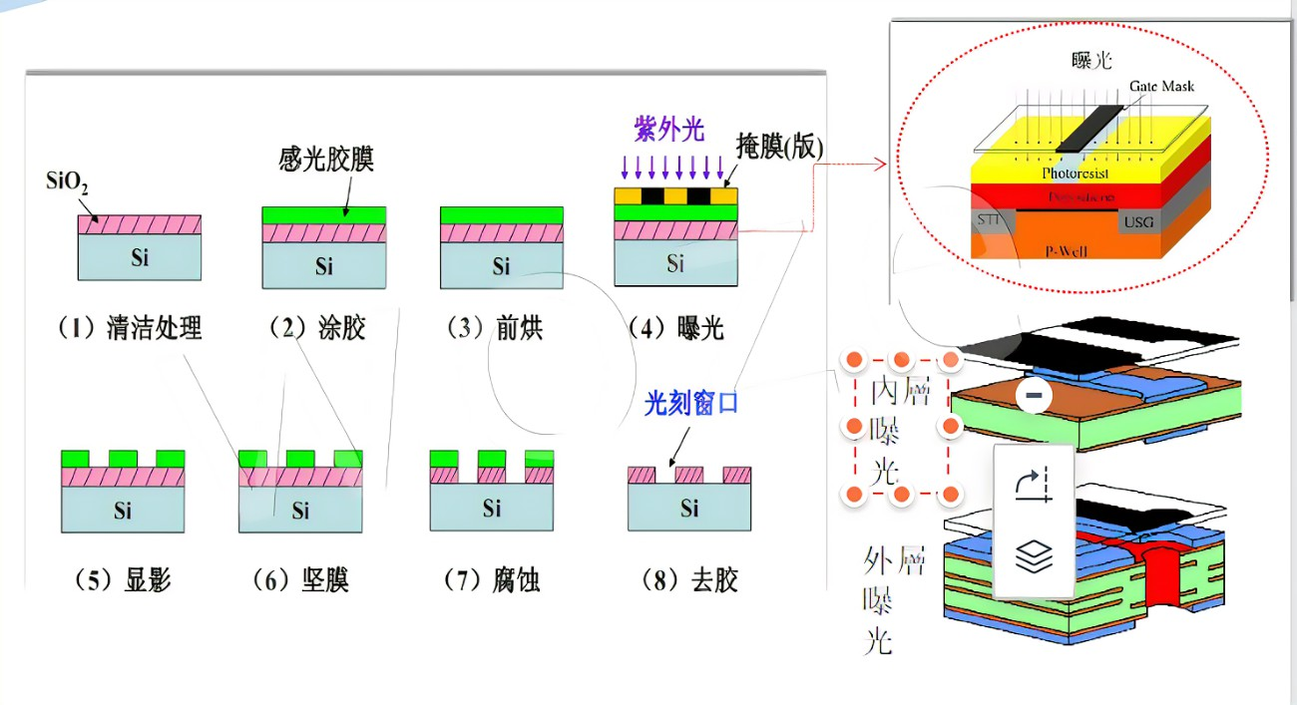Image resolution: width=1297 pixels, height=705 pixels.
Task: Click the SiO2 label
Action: [x=68, y=184]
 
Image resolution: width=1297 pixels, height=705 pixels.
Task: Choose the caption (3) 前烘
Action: [x=493, y=327]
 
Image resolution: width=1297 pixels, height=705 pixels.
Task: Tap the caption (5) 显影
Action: [x=122, y=579]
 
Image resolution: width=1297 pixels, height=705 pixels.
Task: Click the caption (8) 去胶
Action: [x=689, y=579]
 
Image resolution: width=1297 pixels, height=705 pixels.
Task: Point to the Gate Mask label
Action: [x=1161, y=87]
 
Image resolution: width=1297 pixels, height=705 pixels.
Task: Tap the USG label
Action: [x=1139, y=221]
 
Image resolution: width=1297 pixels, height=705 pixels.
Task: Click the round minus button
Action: [x=1034, y=396]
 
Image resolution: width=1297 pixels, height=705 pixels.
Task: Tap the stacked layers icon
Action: [x=1034, y=556]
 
